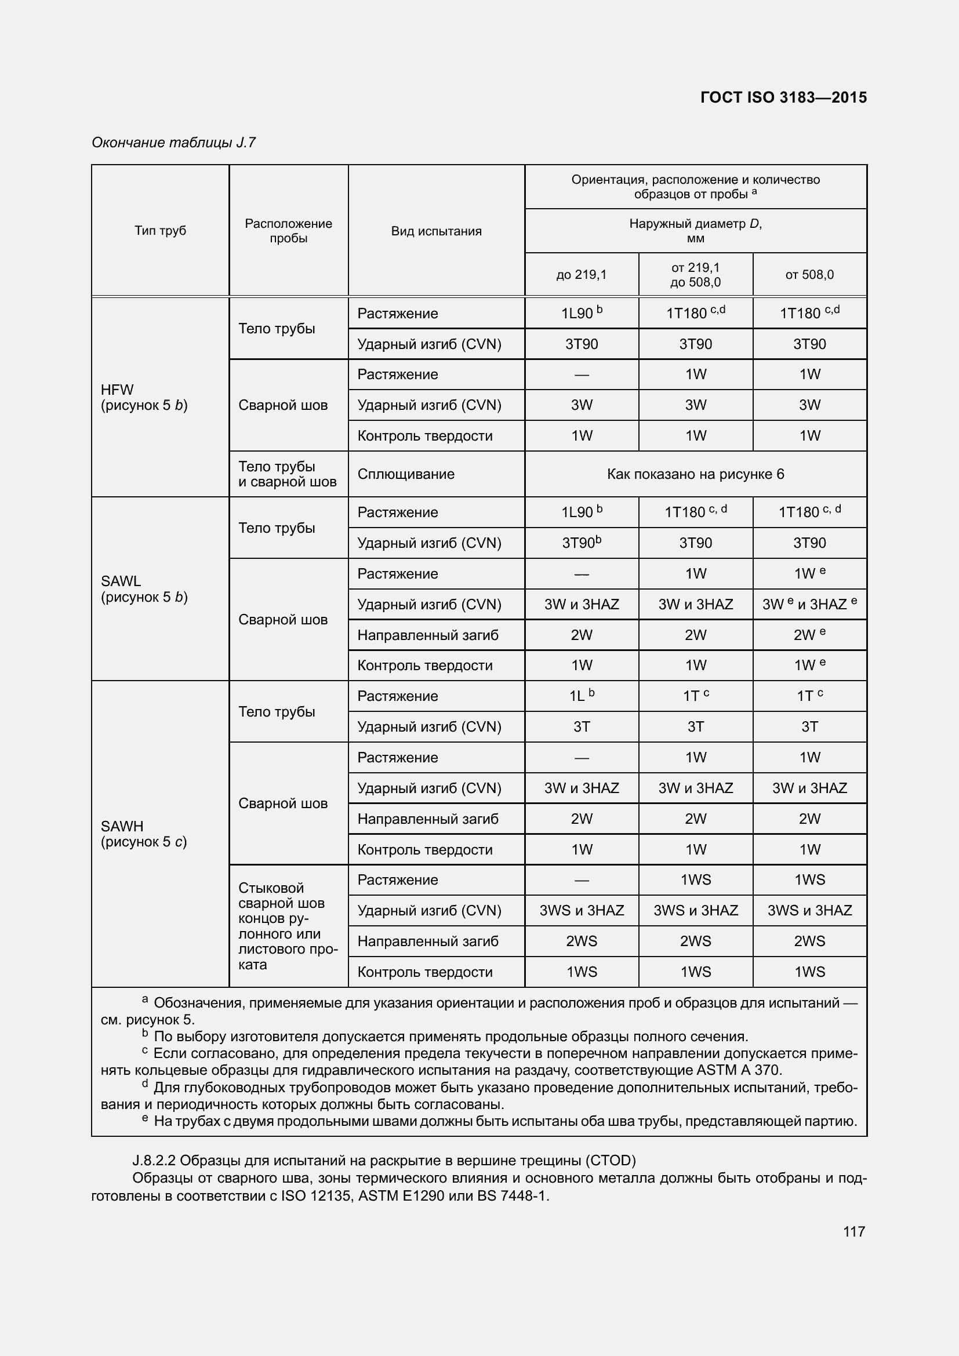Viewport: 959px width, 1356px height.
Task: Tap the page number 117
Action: coord(854,1231)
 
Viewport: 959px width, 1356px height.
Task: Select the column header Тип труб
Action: coord(160,230)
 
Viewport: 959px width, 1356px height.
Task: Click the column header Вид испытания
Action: coord(436,231)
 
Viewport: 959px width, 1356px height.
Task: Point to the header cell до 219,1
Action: coord(581,275)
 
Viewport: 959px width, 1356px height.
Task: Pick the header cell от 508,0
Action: coord(809,275)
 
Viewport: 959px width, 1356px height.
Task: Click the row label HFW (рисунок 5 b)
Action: coord(144,398)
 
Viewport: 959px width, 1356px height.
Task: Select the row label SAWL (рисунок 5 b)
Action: coord(144,589)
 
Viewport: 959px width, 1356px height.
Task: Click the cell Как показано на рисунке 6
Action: coord(695,474)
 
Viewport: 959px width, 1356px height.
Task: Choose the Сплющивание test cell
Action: coord(406,474)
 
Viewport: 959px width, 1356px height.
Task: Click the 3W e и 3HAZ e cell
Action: coord(809,604)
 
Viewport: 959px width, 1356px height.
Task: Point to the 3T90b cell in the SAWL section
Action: coord(581,543)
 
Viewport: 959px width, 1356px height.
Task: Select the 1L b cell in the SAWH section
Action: coord(581,696)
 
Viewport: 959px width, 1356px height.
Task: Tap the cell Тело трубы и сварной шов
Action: coord(287,474)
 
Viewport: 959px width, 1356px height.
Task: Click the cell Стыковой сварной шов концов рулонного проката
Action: coord(287,925)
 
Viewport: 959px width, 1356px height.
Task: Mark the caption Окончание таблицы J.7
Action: coord(173,143)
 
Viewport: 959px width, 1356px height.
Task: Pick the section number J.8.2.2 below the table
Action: coord(154,1161)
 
